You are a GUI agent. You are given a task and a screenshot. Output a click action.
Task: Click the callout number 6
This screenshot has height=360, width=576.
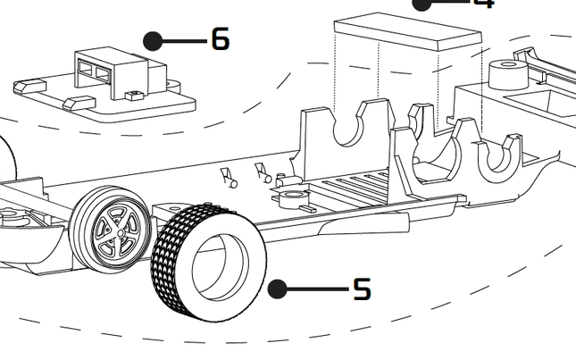point(220,39)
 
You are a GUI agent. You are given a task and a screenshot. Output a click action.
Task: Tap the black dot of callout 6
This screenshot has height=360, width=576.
point(153,40)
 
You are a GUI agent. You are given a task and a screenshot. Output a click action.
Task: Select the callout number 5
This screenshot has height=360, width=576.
point(361,289)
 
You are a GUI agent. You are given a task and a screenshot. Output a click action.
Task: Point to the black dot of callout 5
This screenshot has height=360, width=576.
point(278,289)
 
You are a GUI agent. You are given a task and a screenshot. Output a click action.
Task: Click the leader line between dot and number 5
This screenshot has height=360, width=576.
point(317,289)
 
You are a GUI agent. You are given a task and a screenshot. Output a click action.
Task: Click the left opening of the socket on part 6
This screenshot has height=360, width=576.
point(86,65)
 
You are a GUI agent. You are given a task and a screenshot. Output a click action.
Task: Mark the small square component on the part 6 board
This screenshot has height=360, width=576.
point(135,94)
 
